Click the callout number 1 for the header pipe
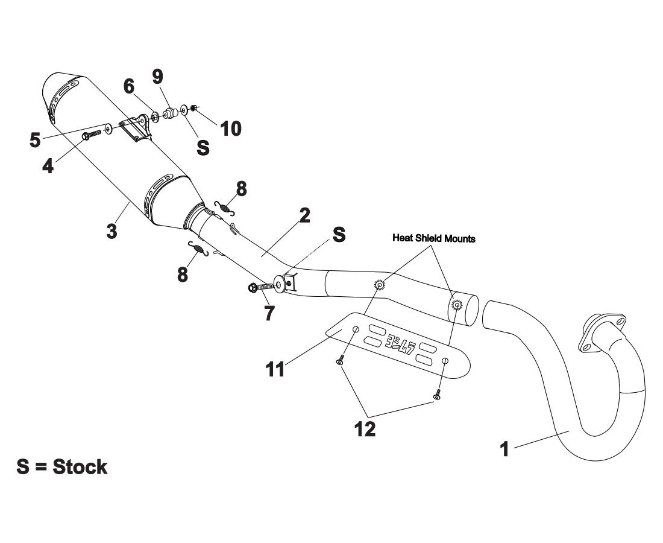506,449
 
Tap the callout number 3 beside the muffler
112,231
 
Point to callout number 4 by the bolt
48,166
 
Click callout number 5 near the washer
36,140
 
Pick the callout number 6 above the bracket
129,86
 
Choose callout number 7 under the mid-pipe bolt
268,312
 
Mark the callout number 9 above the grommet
157,77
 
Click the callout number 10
231,128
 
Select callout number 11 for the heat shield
275,369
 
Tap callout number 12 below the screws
365,429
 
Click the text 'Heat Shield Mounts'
433,238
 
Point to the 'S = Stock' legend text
62,466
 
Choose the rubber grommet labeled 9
169,113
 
